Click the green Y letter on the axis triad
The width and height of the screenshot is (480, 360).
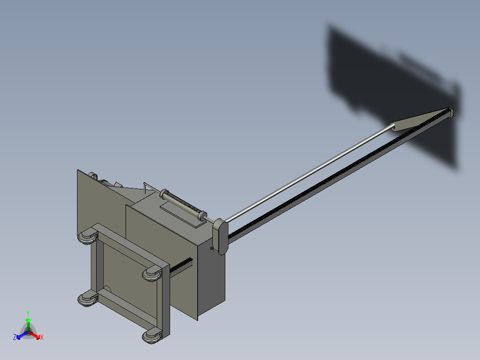tap(28, 313)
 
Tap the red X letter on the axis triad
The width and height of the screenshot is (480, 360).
tap(41, 338)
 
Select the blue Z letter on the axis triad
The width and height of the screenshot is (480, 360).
tap(15, 338)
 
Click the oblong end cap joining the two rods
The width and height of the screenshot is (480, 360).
tap(221, 237)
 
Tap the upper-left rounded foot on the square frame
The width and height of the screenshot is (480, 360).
tap(88, 236)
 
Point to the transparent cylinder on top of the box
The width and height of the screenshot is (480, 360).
tap(182, 205)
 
